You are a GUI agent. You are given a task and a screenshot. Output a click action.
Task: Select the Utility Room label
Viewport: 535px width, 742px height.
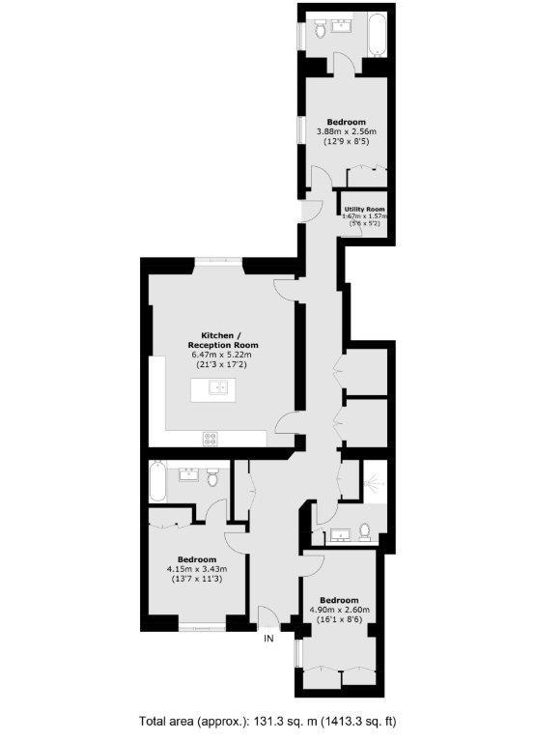pyautogui.click(x=364, y=209)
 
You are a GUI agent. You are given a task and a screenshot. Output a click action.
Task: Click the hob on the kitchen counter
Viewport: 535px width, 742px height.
pyautogui.click(x=211, y=437)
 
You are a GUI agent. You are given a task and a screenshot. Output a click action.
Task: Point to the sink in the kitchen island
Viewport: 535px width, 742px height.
pyautogui.click(x=218, y=388)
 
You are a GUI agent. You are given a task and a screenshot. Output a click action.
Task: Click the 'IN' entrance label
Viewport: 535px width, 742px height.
pyautogui.click(x=269, y=639)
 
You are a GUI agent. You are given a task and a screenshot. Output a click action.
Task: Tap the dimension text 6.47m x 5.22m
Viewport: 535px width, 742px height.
pyautogui.click(x=223, y=355)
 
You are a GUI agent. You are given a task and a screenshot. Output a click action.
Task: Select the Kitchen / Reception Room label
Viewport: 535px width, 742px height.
pyautogui.click(x=223, y=339)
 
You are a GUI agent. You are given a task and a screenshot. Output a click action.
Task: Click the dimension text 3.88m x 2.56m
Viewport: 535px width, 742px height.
pyautogui.click(x=346, y=131)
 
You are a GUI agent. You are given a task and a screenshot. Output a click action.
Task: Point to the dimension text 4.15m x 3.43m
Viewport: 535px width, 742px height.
pyautogui.click(x=196, y=569)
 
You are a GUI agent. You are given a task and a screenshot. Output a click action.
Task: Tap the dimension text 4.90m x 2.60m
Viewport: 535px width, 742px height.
pyautogui.click(x=339, y=610)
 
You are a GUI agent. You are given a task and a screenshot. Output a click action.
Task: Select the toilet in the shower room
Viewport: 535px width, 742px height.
pyautogui.click(x=363, y=530)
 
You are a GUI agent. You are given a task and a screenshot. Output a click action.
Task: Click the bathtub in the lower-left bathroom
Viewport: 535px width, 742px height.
pyautogui.click(x=157, y=480)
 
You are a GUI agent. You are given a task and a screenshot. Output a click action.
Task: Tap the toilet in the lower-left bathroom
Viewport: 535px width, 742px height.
pyautogui.click(x=212, y=475)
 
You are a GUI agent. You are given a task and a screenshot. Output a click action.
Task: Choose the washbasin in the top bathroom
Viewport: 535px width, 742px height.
pyautogui.click(x=342, y=25)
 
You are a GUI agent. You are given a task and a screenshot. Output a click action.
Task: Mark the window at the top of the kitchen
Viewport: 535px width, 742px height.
pyautogui.click(x=218, y=260)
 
